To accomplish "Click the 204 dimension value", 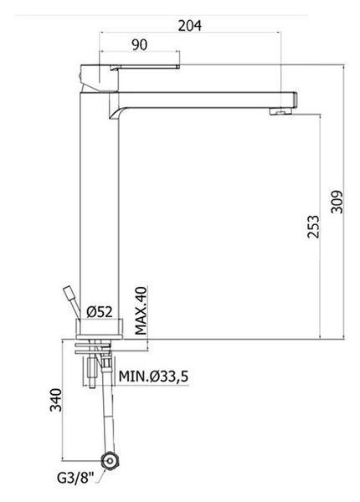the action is tap(189, 26).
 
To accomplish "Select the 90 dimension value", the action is tap(140, 45).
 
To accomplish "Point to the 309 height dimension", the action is tap(337, 202).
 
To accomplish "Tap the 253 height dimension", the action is tap(313, 227).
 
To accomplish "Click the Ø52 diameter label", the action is tap(100, 312).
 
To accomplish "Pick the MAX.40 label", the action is tap(141, 310).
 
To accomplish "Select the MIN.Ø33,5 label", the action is tap(153, 376).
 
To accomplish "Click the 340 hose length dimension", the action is tap(55, 400).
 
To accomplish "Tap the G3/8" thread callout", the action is tap(75, 479).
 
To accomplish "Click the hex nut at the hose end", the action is tap(110, 461).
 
